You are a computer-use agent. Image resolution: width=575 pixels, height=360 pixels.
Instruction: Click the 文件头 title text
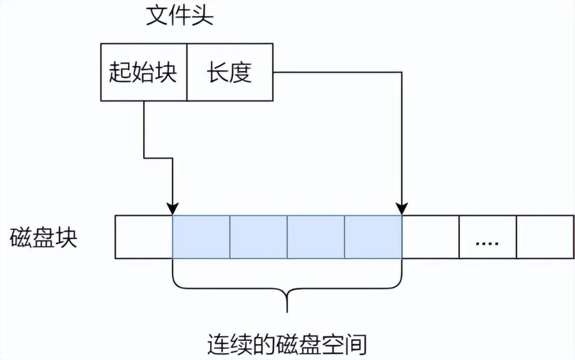pos(179,16)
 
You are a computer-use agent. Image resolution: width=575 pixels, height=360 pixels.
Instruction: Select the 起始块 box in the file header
pos(143,72)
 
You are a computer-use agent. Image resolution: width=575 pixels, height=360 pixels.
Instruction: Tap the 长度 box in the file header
pos(230,72)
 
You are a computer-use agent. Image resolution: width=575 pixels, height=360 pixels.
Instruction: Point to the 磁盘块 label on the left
pos(44,238)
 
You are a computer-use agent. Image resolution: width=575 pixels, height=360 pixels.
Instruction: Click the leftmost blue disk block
pos(200,237)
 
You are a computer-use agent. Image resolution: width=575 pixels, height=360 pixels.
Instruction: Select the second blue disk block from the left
pos(258,237)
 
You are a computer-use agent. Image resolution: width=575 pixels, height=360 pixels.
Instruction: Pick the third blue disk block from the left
pos(316,237)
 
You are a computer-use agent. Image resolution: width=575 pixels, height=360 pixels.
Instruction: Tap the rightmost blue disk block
pos(373,237)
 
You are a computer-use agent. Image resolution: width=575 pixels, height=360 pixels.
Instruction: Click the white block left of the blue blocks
pos(143,237)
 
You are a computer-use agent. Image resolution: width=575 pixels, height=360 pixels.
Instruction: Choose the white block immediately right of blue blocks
pos(431,237)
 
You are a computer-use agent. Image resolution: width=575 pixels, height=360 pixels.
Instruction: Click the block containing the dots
pos(487,237)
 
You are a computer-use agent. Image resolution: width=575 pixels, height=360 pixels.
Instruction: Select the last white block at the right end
pos(540,237)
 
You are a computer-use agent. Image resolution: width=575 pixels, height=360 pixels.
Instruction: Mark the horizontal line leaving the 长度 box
pos(337,72)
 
